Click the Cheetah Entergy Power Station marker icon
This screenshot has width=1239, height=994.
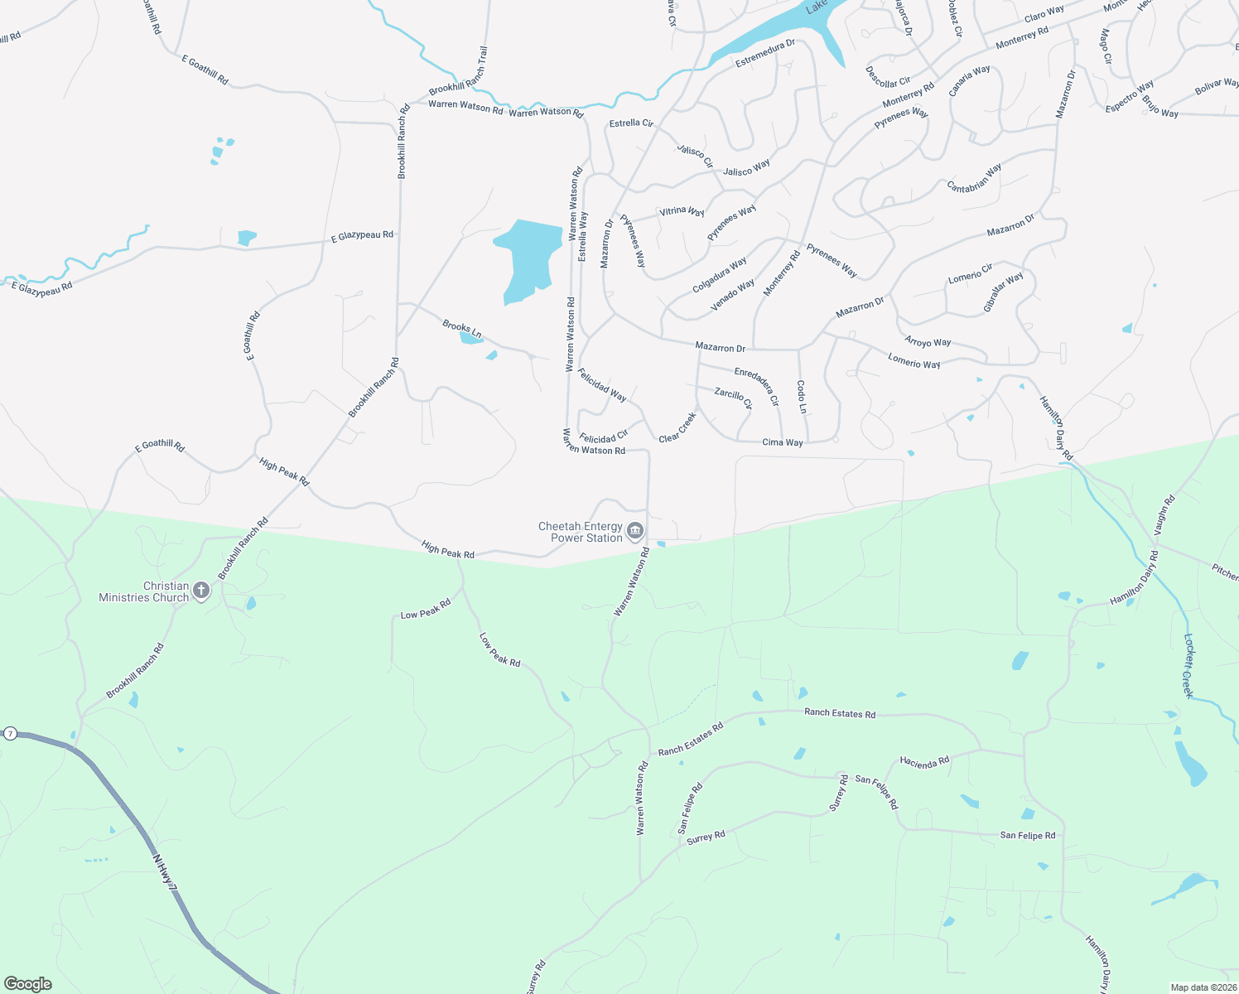coord(635,531)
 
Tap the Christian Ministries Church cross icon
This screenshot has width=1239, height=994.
coord(200,591)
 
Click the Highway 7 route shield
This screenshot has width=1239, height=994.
coord(10,733)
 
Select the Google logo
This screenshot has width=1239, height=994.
coord(28,984)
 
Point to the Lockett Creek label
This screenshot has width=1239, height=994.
coord(1188,666)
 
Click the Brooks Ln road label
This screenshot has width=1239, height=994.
coord(461,329)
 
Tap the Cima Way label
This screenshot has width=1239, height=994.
coord(782,442)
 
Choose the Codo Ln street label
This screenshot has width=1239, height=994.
coord(801,397)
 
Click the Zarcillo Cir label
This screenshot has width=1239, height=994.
coord(733,398)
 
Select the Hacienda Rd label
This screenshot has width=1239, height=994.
coord(924,762)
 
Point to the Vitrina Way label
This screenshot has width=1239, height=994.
coord(681,211)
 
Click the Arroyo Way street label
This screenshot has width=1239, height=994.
coord(928,342)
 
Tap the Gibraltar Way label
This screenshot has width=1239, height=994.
coord(1003,292)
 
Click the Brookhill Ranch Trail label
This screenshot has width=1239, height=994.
coord(459,72)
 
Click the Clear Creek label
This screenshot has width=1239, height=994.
coord(677,427)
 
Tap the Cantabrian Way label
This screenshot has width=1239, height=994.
coord(974,178)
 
